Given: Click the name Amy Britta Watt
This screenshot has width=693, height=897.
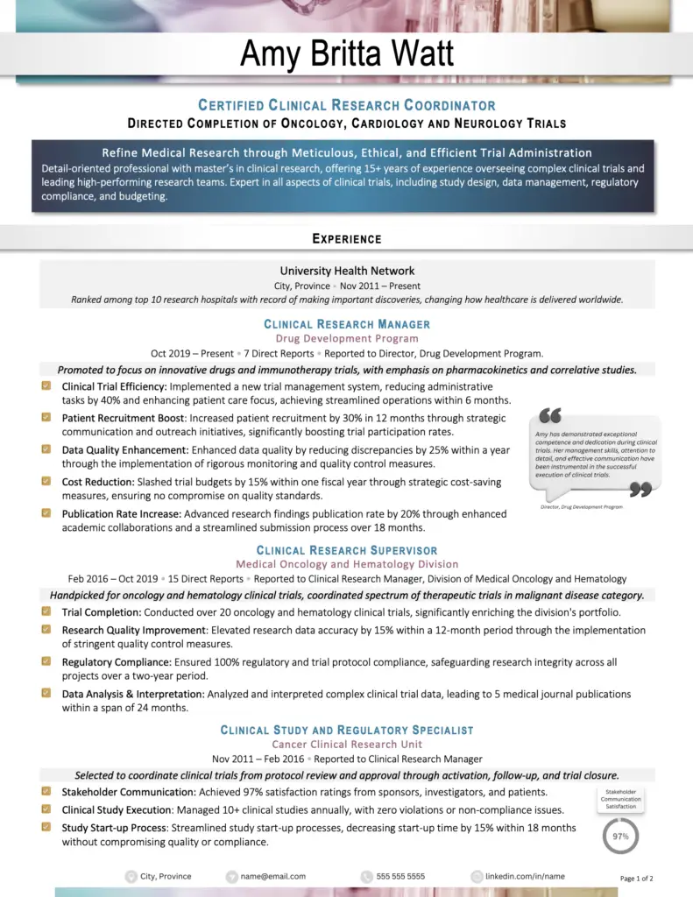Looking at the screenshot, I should (x=347, y=54).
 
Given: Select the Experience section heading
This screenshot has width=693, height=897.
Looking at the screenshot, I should (x=347, y=238).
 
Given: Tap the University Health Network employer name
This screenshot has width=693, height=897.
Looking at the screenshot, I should (x=347, y=271).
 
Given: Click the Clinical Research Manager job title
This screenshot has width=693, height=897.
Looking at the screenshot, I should (x=347, y=324).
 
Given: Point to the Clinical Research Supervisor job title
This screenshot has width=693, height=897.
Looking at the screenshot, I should (x=347, y=550).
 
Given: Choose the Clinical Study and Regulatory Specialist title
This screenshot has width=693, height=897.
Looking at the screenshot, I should (x=347, y=730).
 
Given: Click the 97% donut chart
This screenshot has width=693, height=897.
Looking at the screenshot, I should (x=620, y=836).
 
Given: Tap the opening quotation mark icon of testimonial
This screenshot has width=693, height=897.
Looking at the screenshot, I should (x=550, y=415).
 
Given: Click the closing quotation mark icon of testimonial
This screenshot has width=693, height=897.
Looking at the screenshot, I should (x=640, y=489).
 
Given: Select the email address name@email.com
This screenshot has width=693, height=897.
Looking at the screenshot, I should (x=272, y=876).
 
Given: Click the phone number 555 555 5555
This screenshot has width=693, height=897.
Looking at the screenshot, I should (x=400, y=876).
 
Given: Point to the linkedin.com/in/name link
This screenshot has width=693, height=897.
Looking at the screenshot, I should (x=525, y=876).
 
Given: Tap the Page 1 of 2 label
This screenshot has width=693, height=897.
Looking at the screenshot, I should (x=637, y=878).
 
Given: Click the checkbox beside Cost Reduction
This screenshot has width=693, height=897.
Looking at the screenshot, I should (x=46, y=481).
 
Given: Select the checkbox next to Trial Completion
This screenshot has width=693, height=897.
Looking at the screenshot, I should (x=46, y=611).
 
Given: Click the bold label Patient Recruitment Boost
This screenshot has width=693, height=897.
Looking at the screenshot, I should (x=124, y=418).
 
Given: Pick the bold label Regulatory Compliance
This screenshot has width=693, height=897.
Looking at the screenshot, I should (x=116, y=662).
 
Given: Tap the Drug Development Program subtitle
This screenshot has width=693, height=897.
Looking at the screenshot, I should (x=347, y=338).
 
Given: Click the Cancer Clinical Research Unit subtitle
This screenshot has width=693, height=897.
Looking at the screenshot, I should (x=347, y=744).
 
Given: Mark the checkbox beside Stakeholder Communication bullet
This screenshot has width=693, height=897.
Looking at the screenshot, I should (x=46, y=791).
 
